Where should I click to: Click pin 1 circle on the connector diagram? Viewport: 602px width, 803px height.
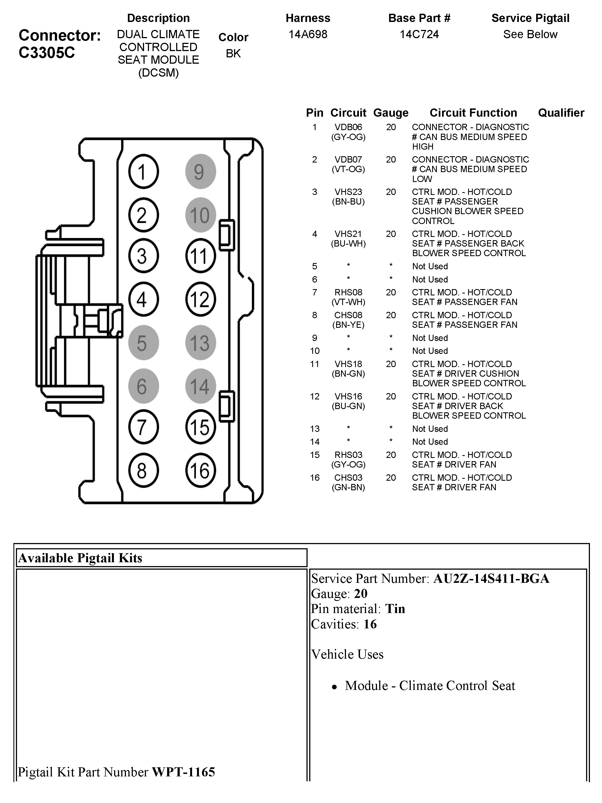(143, 171)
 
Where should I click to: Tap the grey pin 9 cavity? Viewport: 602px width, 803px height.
(200, 171)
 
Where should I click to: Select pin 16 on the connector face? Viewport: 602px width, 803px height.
(200, 471)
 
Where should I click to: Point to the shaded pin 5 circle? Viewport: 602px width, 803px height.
(143, 342)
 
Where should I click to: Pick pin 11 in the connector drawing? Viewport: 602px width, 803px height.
(200, 256)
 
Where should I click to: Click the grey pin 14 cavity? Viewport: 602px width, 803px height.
(200, 386)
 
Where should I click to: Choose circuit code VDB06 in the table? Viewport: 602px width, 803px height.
(348, 127)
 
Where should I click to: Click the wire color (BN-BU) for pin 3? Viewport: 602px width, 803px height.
(348, 202)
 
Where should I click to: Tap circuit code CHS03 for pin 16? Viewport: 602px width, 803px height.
(348, 477)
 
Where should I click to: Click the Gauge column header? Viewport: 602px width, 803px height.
(390, 113)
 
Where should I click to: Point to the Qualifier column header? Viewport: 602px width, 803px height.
(561, 113)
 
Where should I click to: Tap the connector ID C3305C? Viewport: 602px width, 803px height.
(47, 53)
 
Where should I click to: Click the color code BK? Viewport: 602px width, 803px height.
(233, 53)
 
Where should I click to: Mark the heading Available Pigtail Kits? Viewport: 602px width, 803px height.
(80, 558)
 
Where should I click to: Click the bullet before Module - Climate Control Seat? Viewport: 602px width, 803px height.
(334, 687)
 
